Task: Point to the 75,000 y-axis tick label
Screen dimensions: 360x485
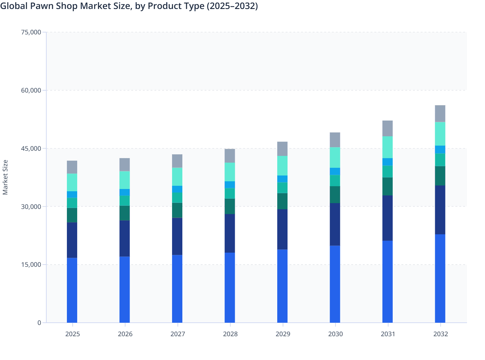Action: pyautogui.click(x=31, y=32)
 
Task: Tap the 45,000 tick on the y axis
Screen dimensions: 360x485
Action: pyautogui.click(x=31, y=148)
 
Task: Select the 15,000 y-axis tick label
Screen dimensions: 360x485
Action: pyautogui.click(x=31, y=265)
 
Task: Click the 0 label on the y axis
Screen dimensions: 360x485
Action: pyautogui.click(x=39, y=323)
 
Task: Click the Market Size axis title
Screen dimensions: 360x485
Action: pyautogui.click(x=5, y=177)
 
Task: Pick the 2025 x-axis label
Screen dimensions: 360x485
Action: pyautogui.click(x=72, y=334)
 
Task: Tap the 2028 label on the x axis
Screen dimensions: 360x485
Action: pyautogui.click(x=230, y=334)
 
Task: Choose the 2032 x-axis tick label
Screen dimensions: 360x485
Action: pyautogui.click(x=440, y=334)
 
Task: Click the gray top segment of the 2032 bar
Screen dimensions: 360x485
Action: pyautogui.click(x=440, y=113)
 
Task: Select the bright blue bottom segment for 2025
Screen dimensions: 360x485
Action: pyautogui.click(x=72, y=290)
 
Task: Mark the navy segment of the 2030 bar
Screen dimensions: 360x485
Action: pyautogui.click(x=335, y=224)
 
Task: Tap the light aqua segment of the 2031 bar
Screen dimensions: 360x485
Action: pyautogui.click(x=388, y=147)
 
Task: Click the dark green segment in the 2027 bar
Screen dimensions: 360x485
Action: pyautogui.click(x=177, y=210)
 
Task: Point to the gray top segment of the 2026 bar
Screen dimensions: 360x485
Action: pyautogui.click(x=124, y=165)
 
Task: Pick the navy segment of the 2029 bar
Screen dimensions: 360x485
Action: pyautogui.click(x=282, y=229)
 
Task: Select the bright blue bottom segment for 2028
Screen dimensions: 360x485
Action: pyautogui.click(x=230, y=288)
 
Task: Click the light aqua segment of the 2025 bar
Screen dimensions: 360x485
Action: pyautogui.click(x=72, y=183)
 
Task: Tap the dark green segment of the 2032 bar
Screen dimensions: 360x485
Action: pyautogui.click(x=440, y=176)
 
